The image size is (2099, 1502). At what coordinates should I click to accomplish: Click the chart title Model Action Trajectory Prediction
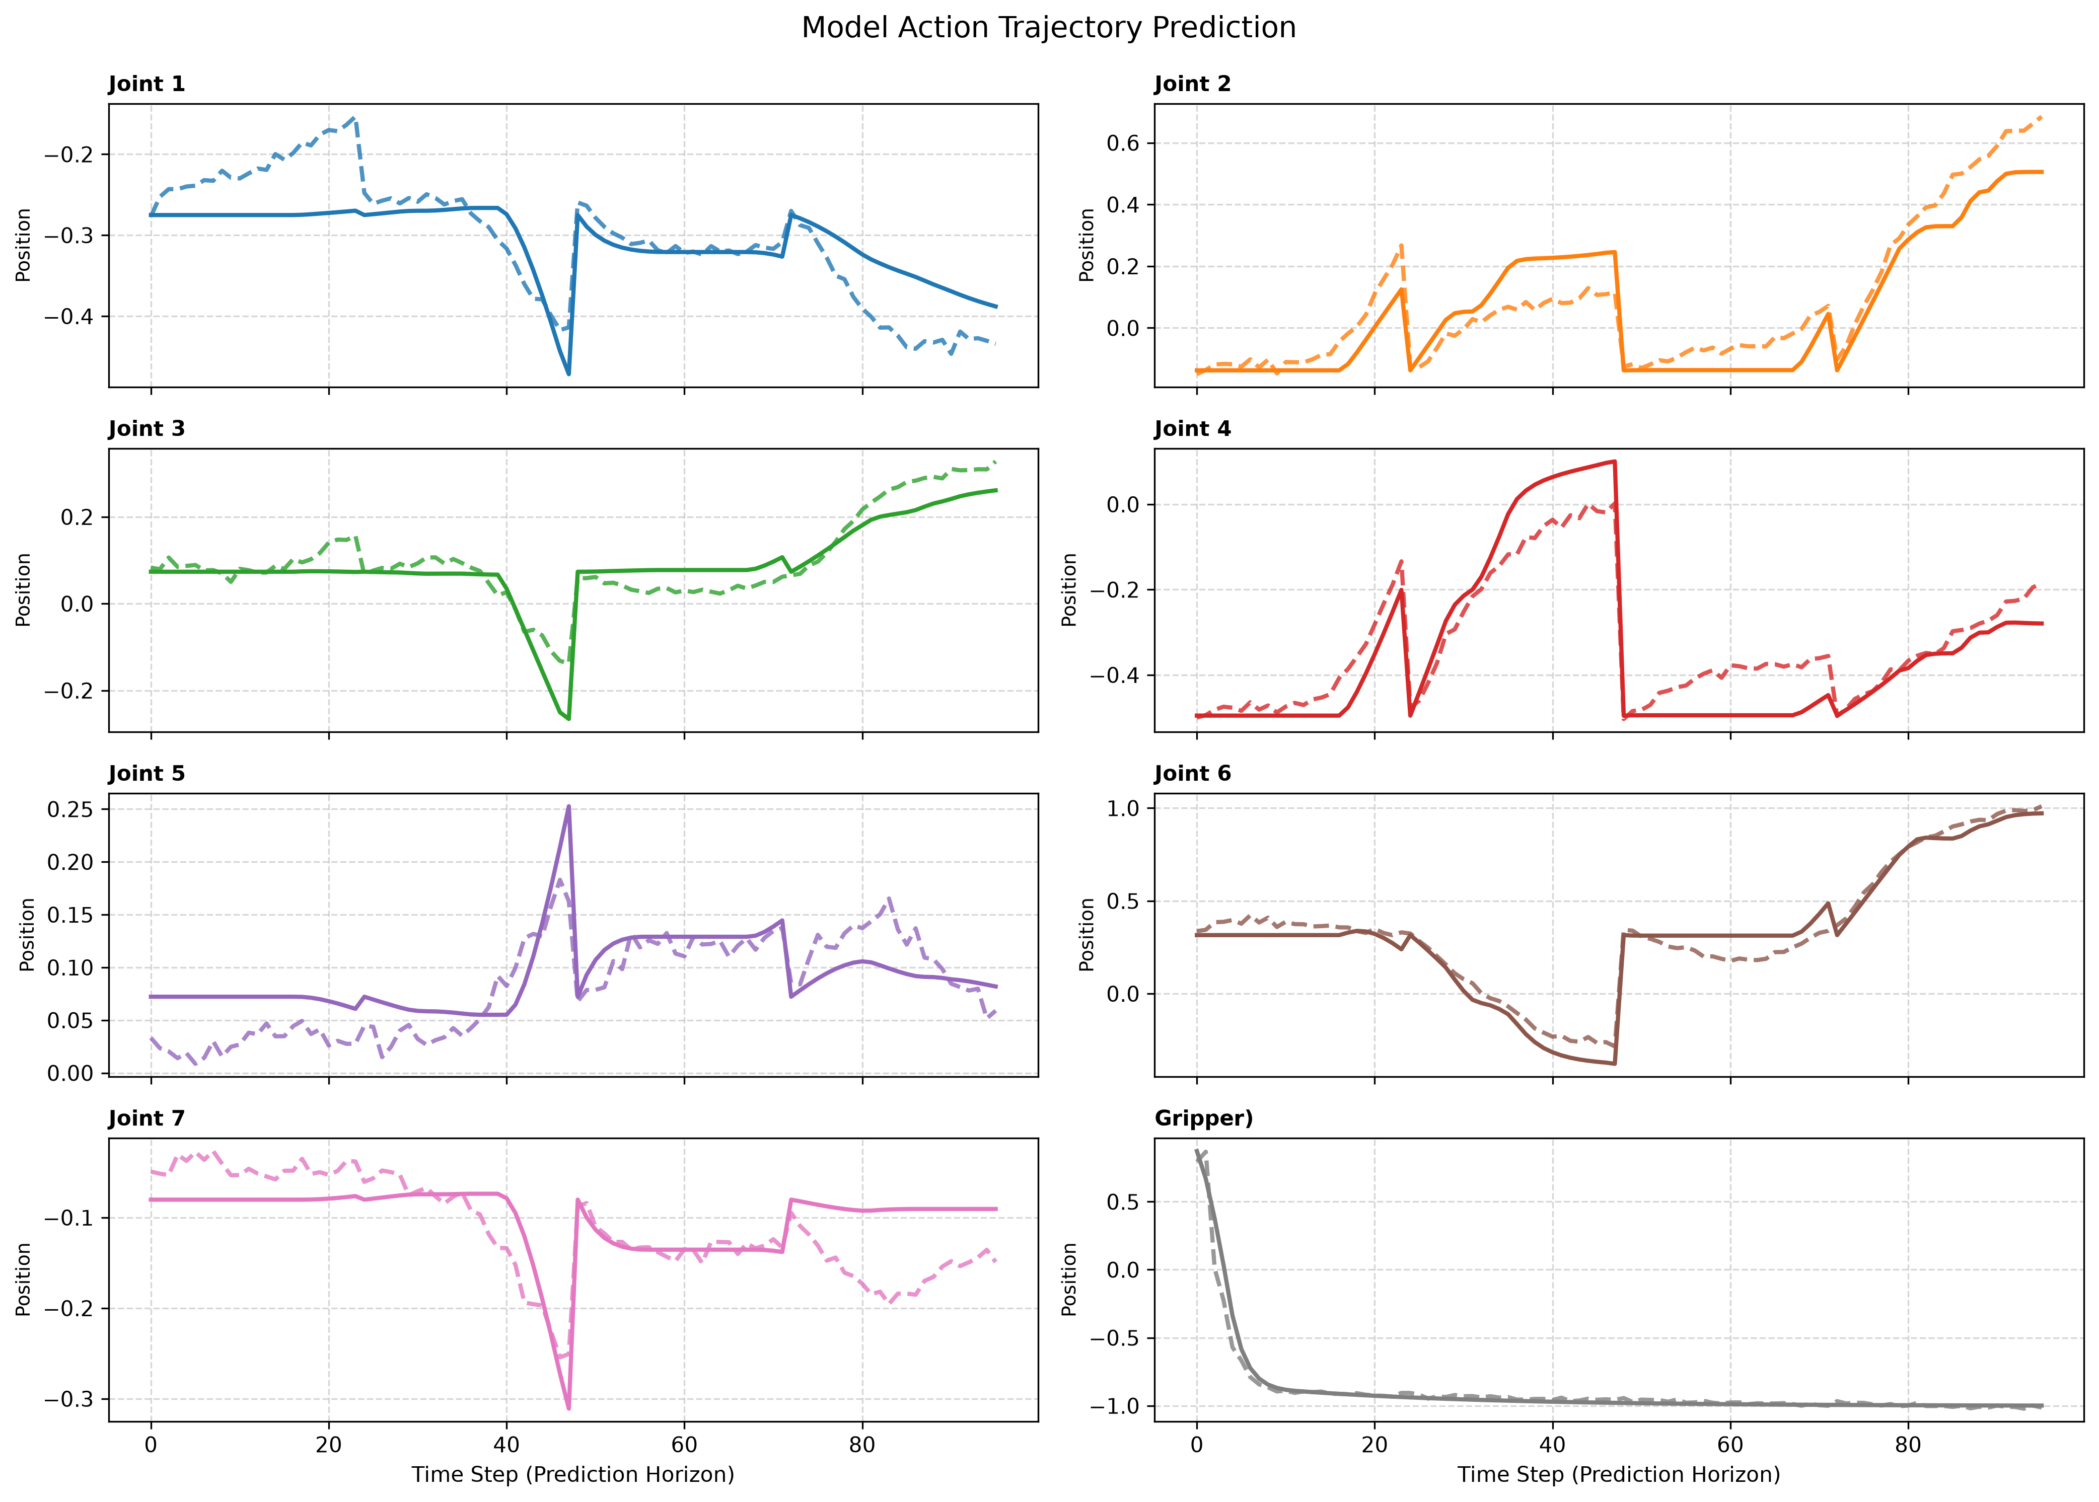point(1048,28)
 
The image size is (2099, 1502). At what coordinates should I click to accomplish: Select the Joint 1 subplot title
point(146,84)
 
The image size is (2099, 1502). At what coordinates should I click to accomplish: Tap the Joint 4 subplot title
point(1192,429)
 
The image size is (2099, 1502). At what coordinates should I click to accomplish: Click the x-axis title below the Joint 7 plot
point(572,1474)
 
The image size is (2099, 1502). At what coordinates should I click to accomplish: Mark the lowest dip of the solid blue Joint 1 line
point(569,373)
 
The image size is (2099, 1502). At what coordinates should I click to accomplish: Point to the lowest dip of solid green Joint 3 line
point(569,719)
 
